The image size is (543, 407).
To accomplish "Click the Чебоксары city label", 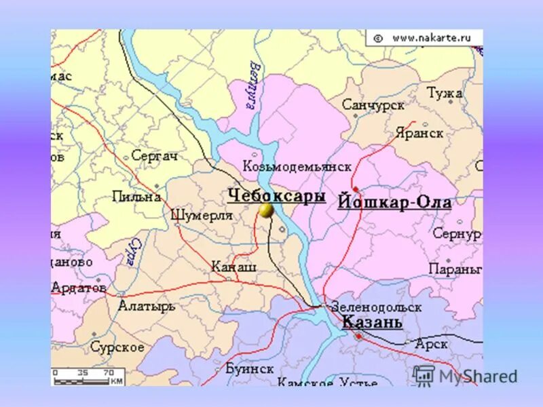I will pyautogui.click(x=276, y=195).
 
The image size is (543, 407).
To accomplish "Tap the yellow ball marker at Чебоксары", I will pyautogui.click(x=266, y=210).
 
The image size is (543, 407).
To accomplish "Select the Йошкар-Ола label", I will pyautogui.click(x=394, y=202).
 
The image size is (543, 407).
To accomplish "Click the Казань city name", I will pyautogui.click(x=372, y=322).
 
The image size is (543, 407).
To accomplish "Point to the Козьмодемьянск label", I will pyautogui.click(x=297, y=166).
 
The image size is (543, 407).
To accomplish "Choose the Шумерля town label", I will pyautogui.click(x=202, y=215).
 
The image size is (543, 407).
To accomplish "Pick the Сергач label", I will pyautogui.click(x=154, y=156).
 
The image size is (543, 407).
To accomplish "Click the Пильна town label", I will pyautogui.click(x=137, y=197).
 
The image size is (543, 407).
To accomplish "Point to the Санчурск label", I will pyautogui.click(x=373, y=105).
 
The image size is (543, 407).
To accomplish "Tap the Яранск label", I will pyautogui.click(x=419, y=133).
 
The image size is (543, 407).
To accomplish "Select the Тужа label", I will pyautogui.click(x=444, y=93).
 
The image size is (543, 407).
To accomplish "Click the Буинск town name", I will pyautogui.click(x=249, y=368).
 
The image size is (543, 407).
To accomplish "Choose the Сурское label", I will pyautogui.click(x=117, y=347).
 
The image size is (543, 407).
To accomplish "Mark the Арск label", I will pyautogui.click(x=431, y=344).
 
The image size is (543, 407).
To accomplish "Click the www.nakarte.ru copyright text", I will pyautogui.click(x=424, y=38).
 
